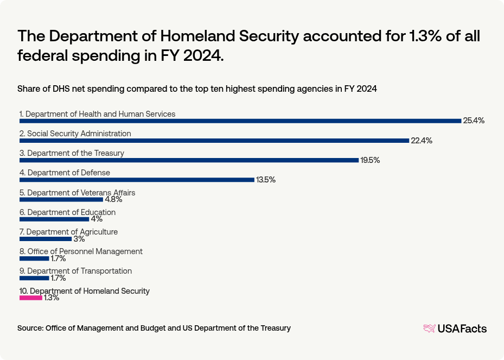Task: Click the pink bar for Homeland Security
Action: (31, 298)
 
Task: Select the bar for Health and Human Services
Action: (240, 121)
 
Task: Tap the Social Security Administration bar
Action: (214, 141)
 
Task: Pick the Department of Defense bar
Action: (137, 180)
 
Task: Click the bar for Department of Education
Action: (54, 219)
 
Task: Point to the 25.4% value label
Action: (474, 121)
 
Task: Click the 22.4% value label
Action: (422, 141)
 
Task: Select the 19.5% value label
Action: (370, 160)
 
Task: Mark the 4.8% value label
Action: (113, 199)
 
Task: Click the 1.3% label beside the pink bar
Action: (52, 298)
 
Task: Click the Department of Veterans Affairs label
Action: (77, 193)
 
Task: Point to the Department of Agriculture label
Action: (68, 232)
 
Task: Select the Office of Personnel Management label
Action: (81, 251)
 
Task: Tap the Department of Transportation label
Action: (75, 271)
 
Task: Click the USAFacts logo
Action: (455, 328)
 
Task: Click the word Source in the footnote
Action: (30, 328)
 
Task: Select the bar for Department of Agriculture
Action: (46, 238)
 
